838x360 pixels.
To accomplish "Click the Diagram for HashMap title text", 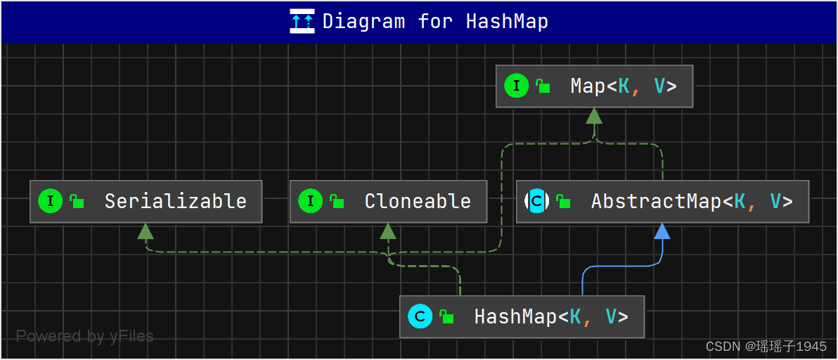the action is point(435,21).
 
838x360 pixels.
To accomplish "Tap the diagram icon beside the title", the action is point(302,21).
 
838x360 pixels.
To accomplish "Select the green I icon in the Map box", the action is point(516,86).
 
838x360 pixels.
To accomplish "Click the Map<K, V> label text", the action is point(623,86).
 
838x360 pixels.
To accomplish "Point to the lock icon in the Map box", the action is point(543,86).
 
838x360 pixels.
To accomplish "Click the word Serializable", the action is point(176,202).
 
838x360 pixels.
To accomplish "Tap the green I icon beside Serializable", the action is point(50,202).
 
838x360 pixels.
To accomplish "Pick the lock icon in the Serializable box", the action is point(77,202).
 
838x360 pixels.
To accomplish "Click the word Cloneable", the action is point(418,202).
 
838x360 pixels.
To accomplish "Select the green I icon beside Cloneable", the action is point(310,202).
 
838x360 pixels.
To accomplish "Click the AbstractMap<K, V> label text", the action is point(692,202).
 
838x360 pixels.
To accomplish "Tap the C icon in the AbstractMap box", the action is point(536,202).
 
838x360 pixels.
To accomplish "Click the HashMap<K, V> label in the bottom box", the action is point(551,317).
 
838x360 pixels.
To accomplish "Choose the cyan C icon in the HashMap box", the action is point(420,317).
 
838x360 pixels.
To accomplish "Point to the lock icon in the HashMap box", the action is point(446,317).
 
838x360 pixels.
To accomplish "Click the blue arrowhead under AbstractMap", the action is point(662,231).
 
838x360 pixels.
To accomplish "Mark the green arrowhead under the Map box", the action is point(594,116).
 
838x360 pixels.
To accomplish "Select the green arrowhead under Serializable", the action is point(146,231).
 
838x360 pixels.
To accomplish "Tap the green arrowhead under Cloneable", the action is point(388,231).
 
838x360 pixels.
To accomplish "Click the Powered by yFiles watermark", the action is point(84,337).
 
